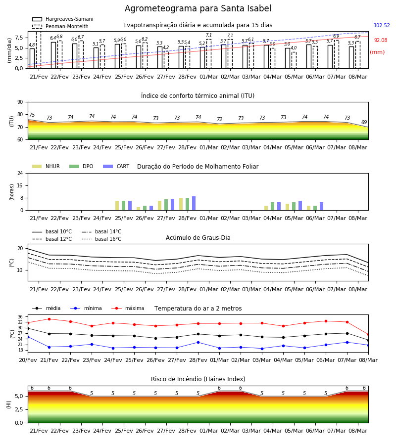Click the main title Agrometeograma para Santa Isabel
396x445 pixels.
click(198, 8)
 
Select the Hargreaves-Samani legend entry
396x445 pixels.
click(62, 19)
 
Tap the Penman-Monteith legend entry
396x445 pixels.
click(60, 26)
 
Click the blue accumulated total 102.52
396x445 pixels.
click(382, 25)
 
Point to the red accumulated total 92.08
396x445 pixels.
click(380, 40)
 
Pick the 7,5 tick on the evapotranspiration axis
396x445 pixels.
click(19, 38)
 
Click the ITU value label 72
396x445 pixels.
click(219, 119)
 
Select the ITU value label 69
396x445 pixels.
click(364, 122)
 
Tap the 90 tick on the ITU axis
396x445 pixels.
click(20, 102)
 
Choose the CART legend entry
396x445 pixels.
click(116, 166)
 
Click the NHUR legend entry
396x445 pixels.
click(46, 166)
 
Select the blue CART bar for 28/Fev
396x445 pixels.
click(194, 203)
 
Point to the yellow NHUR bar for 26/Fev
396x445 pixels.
click(138, 209)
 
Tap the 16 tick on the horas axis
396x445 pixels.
click(20, 185)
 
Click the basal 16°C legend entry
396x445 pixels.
click(101, 239)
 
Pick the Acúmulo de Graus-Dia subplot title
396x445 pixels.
click(198, 237)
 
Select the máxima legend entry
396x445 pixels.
click(128, 308)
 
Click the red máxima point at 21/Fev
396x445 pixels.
click(49, 319)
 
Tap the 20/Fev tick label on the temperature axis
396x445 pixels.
click(28, 360)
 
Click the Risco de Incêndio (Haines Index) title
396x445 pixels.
click(198, 379)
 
